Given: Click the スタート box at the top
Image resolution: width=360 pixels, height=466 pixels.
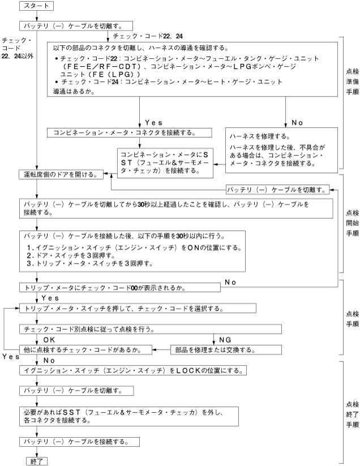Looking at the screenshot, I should pyautogui.click(x=37, y=6).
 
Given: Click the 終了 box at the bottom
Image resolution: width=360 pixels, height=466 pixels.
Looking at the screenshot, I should pyautogui.click(x=37, y=460).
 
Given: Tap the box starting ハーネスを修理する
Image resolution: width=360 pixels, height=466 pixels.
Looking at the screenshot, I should pyautogui.click(x=282, y=148).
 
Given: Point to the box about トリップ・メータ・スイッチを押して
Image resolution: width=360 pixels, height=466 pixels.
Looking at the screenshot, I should pyautogui.click(x=137, y=309).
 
